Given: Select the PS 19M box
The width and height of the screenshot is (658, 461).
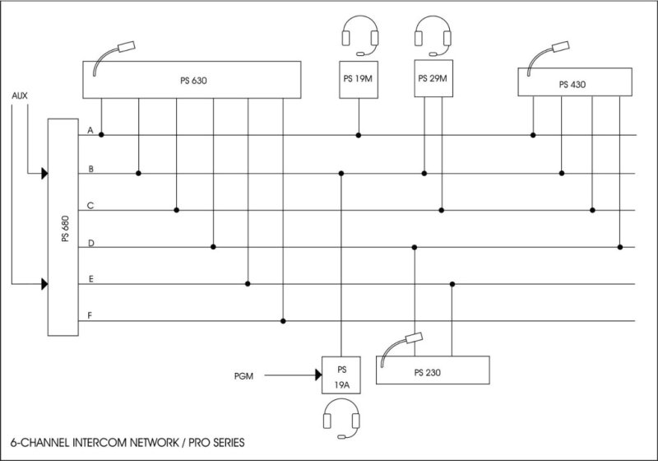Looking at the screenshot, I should click(358, 80).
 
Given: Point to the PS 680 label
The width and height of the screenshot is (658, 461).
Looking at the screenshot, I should click(64, 227).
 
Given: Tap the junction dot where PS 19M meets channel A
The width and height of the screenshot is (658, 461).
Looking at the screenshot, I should click(358, 135).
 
